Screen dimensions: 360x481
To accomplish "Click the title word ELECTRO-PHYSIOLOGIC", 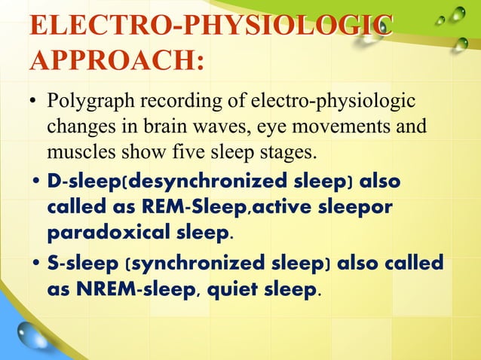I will click(x=210, y=26).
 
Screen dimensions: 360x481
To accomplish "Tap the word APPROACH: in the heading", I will click(x=115, y=63).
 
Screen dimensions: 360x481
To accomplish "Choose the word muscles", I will click(x=82, y=154).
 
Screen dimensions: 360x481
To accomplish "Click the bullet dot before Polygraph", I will click(x=34, y=102).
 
